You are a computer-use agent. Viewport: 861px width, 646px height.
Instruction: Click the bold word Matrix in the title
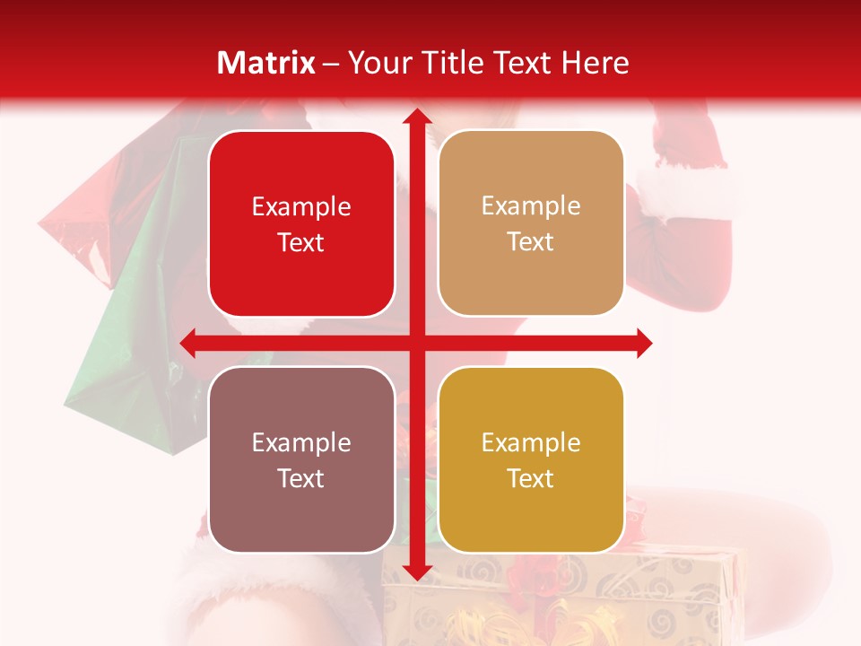coord(266,63)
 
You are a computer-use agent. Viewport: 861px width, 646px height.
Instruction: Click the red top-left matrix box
coord(301,224)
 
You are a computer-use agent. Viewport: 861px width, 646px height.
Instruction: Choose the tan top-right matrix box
coord(531,223)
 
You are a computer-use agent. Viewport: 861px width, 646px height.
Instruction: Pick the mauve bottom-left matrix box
coord(301,459)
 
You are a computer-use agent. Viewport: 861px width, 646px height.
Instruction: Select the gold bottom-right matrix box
coord(531,459)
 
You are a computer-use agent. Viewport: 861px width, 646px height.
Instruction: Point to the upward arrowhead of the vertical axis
coord(416,117)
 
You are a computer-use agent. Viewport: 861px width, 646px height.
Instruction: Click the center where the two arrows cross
coord(416,343)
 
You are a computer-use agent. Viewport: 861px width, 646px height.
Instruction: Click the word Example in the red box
coord(301,207)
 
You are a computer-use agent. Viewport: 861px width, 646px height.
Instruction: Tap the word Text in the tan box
coord(531,242)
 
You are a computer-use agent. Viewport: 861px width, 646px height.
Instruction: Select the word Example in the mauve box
coord(301,442)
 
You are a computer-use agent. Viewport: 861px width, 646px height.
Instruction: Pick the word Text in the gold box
coord(531,478)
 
